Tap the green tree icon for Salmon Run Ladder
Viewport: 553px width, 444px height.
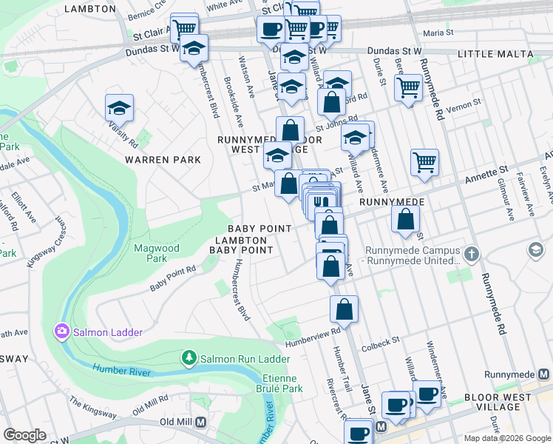[x=189, y=359]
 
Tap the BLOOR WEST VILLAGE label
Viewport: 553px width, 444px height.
[x=502, y=402]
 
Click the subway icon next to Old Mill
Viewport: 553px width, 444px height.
[x=200, y=422]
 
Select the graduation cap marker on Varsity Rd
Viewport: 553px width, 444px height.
[x=119, y=108]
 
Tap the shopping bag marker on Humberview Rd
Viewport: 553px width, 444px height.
[x=344, y=309]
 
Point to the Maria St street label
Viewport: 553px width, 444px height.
[x=438, y=33]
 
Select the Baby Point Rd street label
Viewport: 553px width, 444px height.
[x=172, y=278]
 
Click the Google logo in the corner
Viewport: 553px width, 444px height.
[x=24, y=435]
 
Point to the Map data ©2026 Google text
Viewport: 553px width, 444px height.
[x=506, y=438]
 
